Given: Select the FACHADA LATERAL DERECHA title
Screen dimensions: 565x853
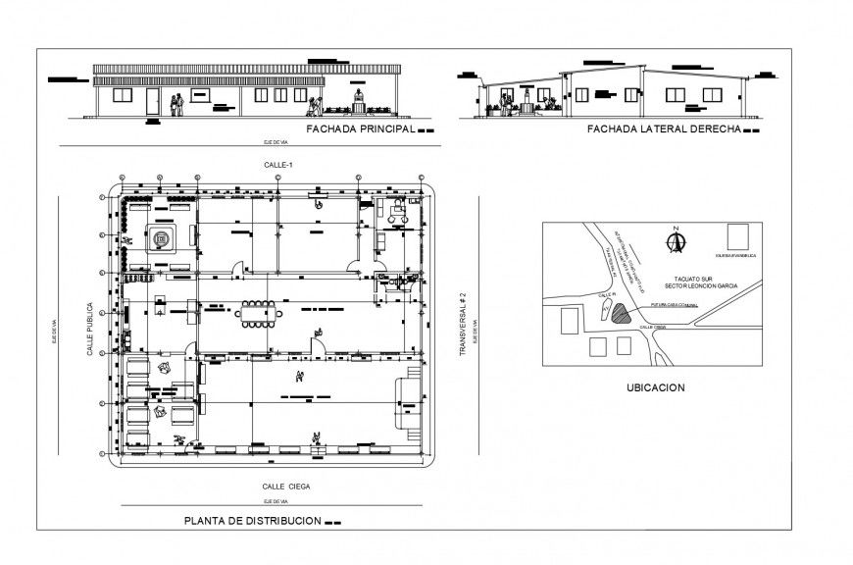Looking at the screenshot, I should pos(662,129).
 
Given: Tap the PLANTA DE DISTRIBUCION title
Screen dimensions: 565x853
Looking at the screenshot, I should pos(253,521).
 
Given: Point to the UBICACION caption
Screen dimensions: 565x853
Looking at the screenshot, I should pos(655,387).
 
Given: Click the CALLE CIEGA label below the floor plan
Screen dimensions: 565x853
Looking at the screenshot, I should pos(286,486).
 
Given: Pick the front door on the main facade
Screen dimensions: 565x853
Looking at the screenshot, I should pos(152,101).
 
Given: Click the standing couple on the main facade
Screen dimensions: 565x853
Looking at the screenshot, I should pos(176,104).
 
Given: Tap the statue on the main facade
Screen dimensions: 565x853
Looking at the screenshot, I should pos(359,99).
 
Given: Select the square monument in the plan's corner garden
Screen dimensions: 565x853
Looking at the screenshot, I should pos(161,237).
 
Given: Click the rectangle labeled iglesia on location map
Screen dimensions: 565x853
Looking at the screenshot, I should pos(738,239).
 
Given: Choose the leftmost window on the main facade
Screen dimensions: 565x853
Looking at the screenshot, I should pos(124,95).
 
